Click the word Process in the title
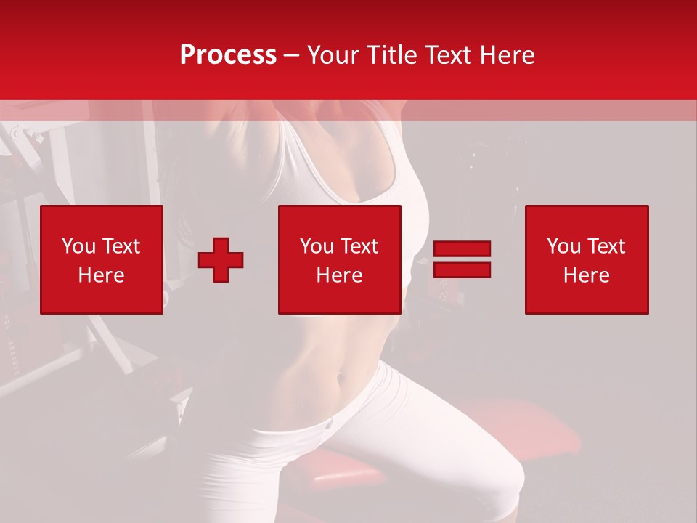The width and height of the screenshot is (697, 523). pos(228,55)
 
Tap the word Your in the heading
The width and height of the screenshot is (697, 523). pos(333,55)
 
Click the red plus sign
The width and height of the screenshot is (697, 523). pos(221,259)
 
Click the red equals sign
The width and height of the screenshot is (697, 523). pos(462,259)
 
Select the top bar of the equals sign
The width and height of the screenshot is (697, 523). pos(462,249)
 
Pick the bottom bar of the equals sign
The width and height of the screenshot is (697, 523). pos(462,269)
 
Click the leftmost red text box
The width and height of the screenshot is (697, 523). pos(102,259)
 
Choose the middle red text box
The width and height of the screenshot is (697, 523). pos(340,259)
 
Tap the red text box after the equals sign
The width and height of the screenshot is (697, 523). pos(587,259)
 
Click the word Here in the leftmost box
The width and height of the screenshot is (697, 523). pos(102,275)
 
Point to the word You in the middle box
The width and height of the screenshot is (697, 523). pos(316,246)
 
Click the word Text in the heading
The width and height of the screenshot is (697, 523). pos(447,55)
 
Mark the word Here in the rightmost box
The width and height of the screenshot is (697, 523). pos(587,275)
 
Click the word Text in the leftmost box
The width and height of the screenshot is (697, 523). pos(121,246)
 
